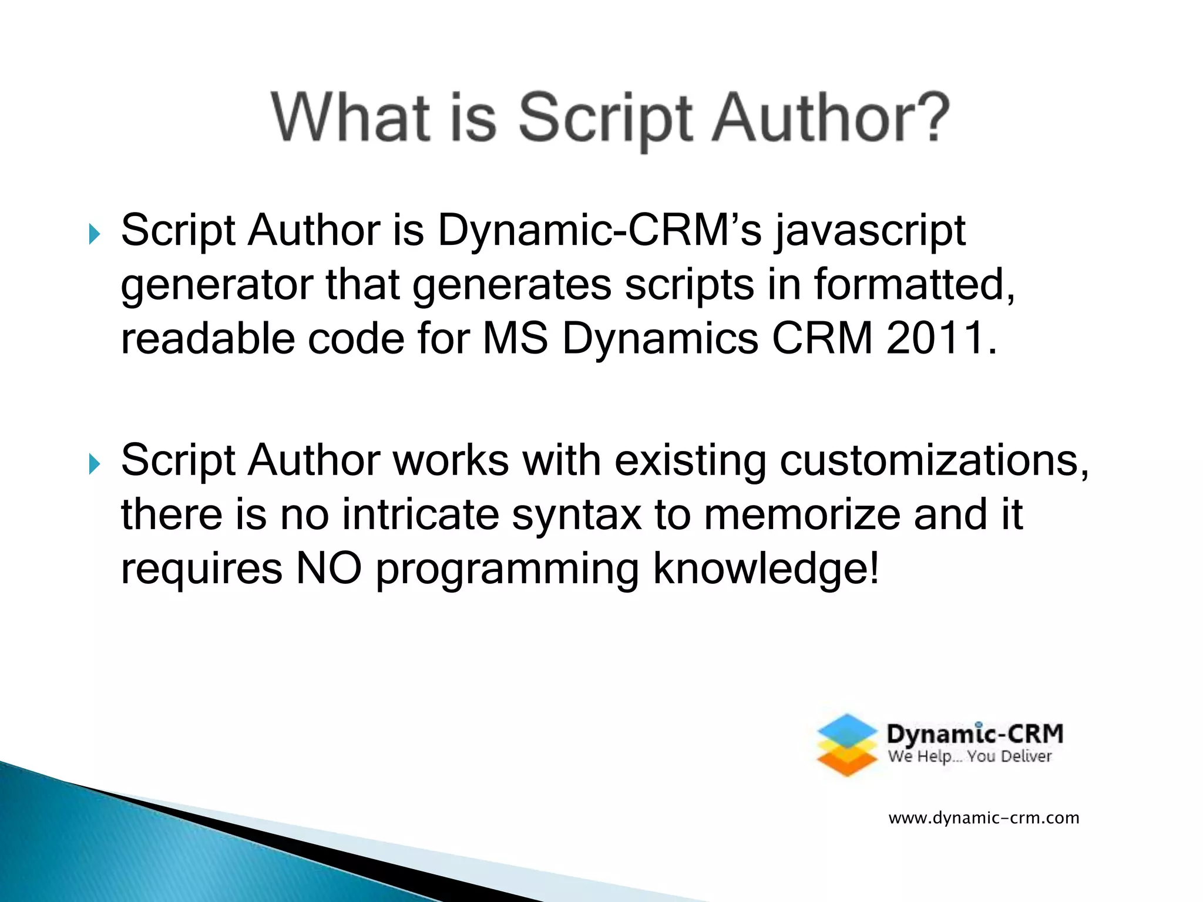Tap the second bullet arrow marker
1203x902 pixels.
94,465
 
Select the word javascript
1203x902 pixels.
870,231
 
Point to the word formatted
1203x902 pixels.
914,285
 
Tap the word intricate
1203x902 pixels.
420,514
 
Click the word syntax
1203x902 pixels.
576,514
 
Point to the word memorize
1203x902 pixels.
802,514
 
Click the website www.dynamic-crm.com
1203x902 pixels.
983,818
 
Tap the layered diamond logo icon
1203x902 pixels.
847,745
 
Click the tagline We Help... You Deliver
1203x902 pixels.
969,756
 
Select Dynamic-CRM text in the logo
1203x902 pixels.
975,734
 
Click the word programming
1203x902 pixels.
507,569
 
